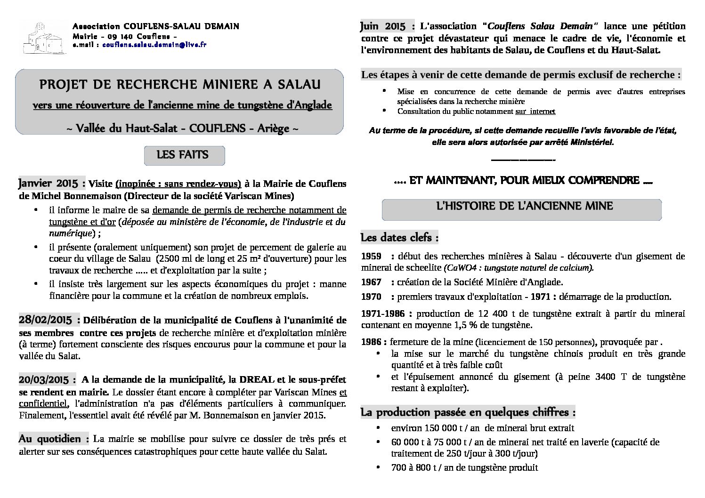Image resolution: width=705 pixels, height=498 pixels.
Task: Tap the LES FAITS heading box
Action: click(x=184, y=155)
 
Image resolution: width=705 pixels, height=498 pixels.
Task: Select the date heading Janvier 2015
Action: click(x=51, y=183)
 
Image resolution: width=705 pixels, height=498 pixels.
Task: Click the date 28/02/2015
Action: click(x=46, y=321)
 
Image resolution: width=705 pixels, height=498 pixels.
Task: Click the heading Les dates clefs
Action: click(x=399, y=238)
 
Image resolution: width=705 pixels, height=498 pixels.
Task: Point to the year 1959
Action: click(x=371, y=257)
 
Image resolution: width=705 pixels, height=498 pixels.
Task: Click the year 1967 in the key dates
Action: click(x=371, y=282)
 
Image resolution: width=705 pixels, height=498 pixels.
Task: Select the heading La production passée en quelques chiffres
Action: click(x=468, y=412)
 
